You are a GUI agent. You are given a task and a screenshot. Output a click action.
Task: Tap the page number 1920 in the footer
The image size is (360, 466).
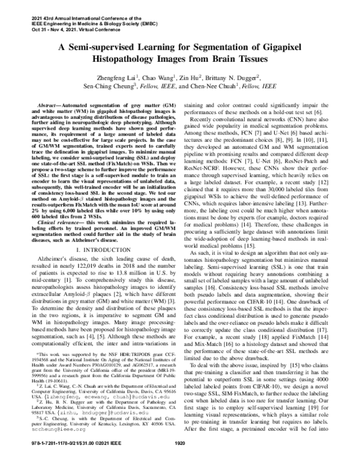tap(180, 460)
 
